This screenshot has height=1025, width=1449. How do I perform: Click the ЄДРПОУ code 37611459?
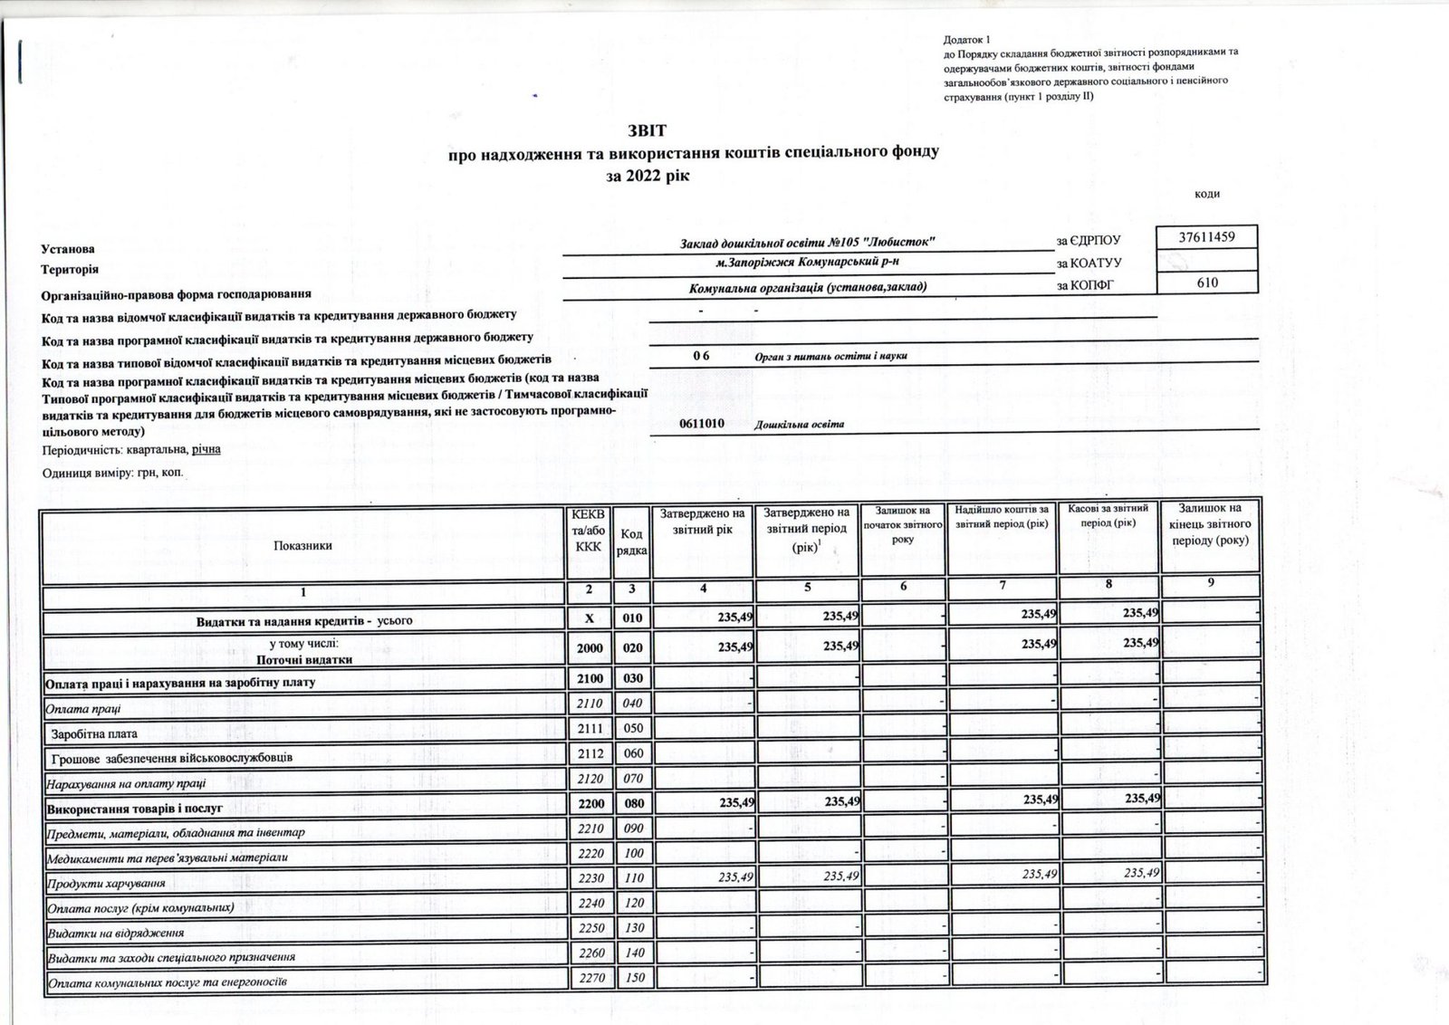click(1207, 237)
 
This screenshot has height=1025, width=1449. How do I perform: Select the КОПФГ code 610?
click(1207, 283)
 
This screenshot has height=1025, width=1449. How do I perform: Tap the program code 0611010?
click(701, 423)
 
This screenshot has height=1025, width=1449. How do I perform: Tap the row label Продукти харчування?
click(107, 882)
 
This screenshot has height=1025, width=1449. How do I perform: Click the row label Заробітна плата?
click(94, 733)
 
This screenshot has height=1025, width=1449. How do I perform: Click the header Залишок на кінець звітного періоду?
click(1210, 524)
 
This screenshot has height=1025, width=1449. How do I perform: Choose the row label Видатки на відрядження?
click(116, 932)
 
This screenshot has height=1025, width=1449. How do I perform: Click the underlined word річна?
click(206, 449)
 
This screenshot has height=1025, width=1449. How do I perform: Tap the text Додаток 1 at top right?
click(967, 40)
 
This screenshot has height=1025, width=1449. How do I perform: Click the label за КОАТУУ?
click(1089, 263)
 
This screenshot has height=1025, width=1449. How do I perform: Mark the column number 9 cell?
click(1210, 584)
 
